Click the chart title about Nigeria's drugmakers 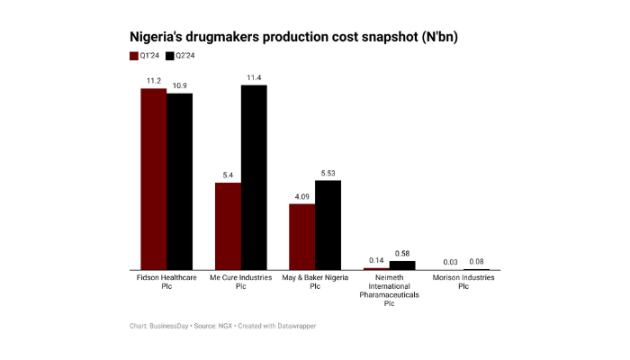299,37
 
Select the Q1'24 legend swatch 134,56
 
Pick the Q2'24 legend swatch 171,56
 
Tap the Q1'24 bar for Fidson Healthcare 154,179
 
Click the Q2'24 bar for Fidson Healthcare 180,181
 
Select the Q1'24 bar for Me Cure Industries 228,226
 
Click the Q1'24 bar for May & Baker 301,237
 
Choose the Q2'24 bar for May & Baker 328,225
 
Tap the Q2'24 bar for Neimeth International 402,265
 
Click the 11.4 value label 254,77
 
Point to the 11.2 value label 154,80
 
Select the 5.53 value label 328,173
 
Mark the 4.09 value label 301,196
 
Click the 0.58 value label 402,254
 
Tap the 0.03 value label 451,262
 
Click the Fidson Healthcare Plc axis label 166,282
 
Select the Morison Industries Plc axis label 463,282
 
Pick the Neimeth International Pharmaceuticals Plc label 390,290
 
